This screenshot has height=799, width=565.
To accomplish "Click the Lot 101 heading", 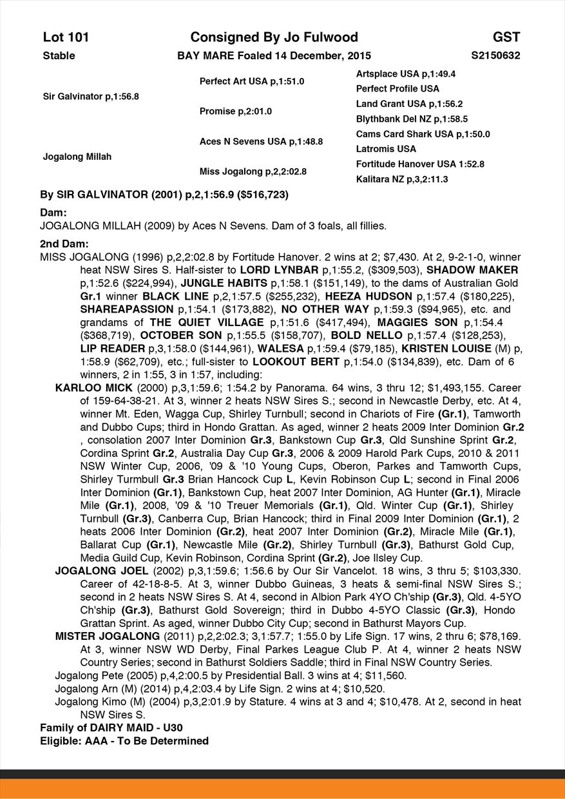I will (66, 37).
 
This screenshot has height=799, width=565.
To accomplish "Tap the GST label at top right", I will (506, 37).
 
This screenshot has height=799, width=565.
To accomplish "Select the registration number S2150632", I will (495, 55).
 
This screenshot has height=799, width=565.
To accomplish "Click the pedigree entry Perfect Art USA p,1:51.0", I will (251, 81).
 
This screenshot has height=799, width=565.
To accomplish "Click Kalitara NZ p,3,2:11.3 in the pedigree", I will (402, 179).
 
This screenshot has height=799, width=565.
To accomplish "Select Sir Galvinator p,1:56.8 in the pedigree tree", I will (91, 96).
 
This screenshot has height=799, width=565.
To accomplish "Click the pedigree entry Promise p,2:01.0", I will (235, 111).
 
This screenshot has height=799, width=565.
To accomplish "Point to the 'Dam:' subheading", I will (54, 213).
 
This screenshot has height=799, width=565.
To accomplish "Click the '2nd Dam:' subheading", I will (64, 244).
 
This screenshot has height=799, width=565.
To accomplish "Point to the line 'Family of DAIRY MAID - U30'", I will (111, 727).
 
